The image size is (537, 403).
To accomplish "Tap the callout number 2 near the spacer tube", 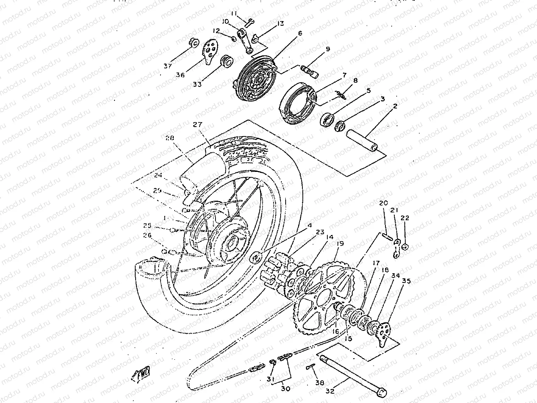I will tap(394, 106).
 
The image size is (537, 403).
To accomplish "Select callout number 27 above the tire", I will tap(198, 125).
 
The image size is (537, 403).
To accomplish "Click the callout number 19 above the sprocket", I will tap(340, 244).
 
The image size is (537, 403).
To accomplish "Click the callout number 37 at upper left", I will tap(168, 66).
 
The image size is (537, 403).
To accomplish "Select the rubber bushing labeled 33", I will tap(226, 62).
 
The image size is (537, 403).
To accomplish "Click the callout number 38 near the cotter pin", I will tap(320, 383).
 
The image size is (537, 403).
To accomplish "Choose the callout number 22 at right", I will tap(405, 218).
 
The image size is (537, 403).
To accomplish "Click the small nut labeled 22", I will tap(405, 247).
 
